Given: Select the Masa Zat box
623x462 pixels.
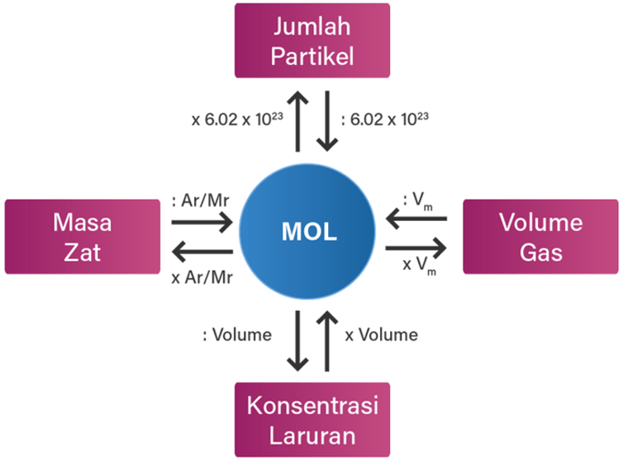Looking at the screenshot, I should [83, 236].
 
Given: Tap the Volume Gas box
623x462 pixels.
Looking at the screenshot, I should [541, 236].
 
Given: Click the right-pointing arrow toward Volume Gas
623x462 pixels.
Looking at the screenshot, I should [416, 247].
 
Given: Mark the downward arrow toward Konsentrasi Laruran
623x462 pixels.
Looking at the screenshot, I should [296, 340].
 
